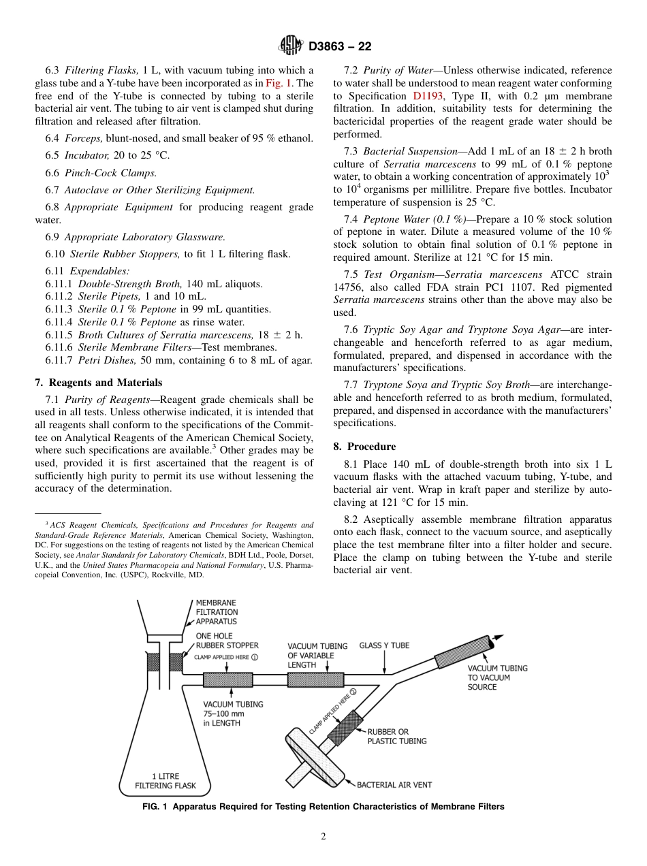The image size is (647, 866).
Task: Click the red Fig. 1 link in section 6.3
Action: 277,83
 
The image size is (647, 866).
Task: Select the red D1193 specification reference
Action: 426,96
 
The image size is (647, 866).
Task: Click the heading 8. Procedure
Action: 364,447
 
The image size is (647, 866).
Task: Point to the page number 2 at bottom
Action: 323,837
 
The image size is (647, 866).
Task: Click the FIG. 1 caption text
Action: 323,807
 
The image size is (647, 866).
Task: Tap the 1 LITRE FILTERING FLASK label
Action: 165,781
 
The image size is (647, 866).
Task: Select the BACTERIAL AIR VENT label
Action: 394,785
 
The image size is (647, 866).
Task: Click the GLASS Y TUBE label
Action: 384,645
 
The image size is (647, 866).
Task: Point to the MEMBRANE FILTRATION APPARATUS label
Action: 217,612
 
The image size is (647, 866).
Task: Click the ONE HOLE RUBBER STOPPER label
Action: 227,641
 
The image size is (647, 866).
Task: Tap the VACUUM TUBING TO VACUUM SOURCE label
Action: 497,677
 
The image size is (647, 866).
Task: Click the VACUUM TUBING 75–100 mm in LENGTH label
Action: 233,713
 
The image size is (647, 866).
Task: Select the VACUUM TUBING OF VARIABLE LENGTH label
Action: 317,655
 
